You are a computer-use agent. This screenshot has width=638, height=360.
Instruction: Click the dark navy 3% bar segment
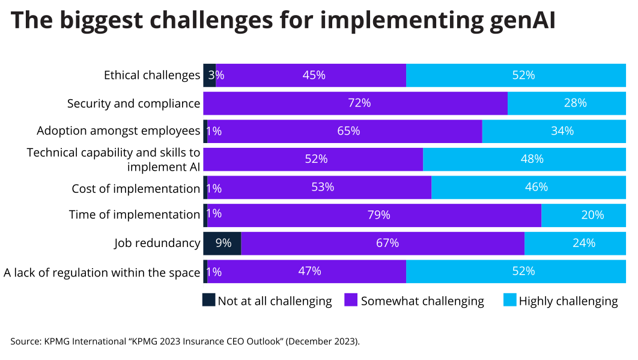pos(210,75)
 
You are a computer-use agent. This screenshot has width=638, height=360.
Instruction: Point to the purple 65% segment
pos(345,131)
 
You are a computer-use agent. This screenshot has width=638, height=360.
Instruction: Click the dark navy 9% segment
pos(222,243)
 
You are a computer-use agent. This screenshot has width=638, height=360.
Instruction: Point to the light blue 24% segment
pos(575,243)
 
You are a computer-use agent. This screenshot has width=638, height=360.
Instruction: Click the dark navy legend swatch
pos(208,299)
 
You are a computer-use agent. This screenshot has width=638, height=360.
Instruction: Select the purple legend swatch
pos(351,299)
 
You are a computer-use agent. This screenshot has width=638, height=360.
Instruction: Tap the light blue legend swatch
pos(510,299)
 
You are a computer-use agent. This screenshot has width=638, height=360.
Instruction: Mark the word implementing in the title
pos(391,20)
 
